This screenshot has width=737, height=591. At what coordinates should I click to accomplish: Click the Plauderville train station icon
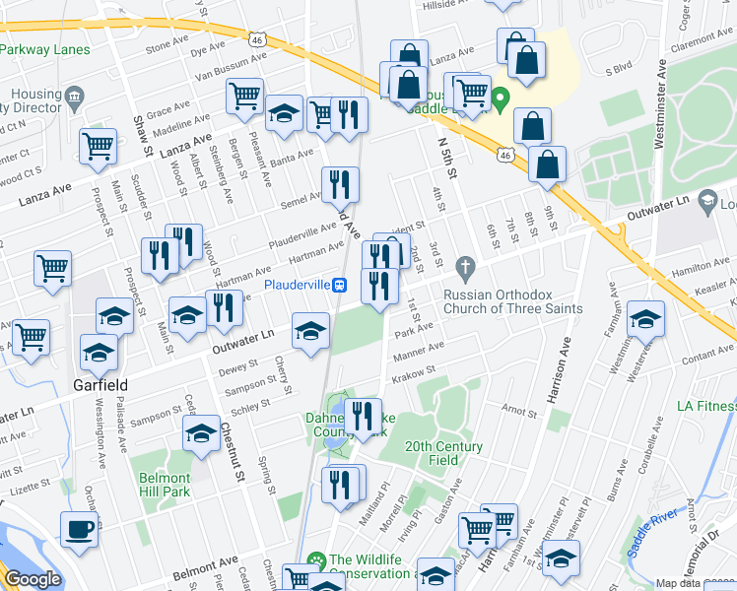click(x=340, y=285)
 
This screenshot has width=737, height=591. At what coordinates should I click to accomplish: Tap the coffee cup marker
click(x=80, y=529)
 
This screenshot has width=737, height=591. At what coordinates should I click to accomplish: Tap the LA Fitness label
click(x=705, y=406)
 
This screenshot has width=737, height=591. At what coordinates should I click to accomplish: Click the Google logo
click(x=33, y=578)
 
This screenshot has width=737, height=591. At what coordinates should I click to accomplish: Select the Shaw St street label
click(x=140, y=135)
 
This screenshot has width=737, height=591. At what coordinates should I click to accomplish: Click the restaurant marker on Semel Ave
click(x=340, y=183)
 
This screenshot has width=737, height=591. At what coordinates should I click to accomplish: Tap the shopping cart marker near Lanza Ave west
click(x=100, y=146)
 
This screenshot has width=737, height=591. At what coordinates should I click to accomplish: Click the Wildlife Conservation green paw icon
click(x=316, y=561)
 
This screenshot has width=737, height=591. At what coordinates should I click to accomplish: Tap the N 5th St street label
click(x=447, y=159)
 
